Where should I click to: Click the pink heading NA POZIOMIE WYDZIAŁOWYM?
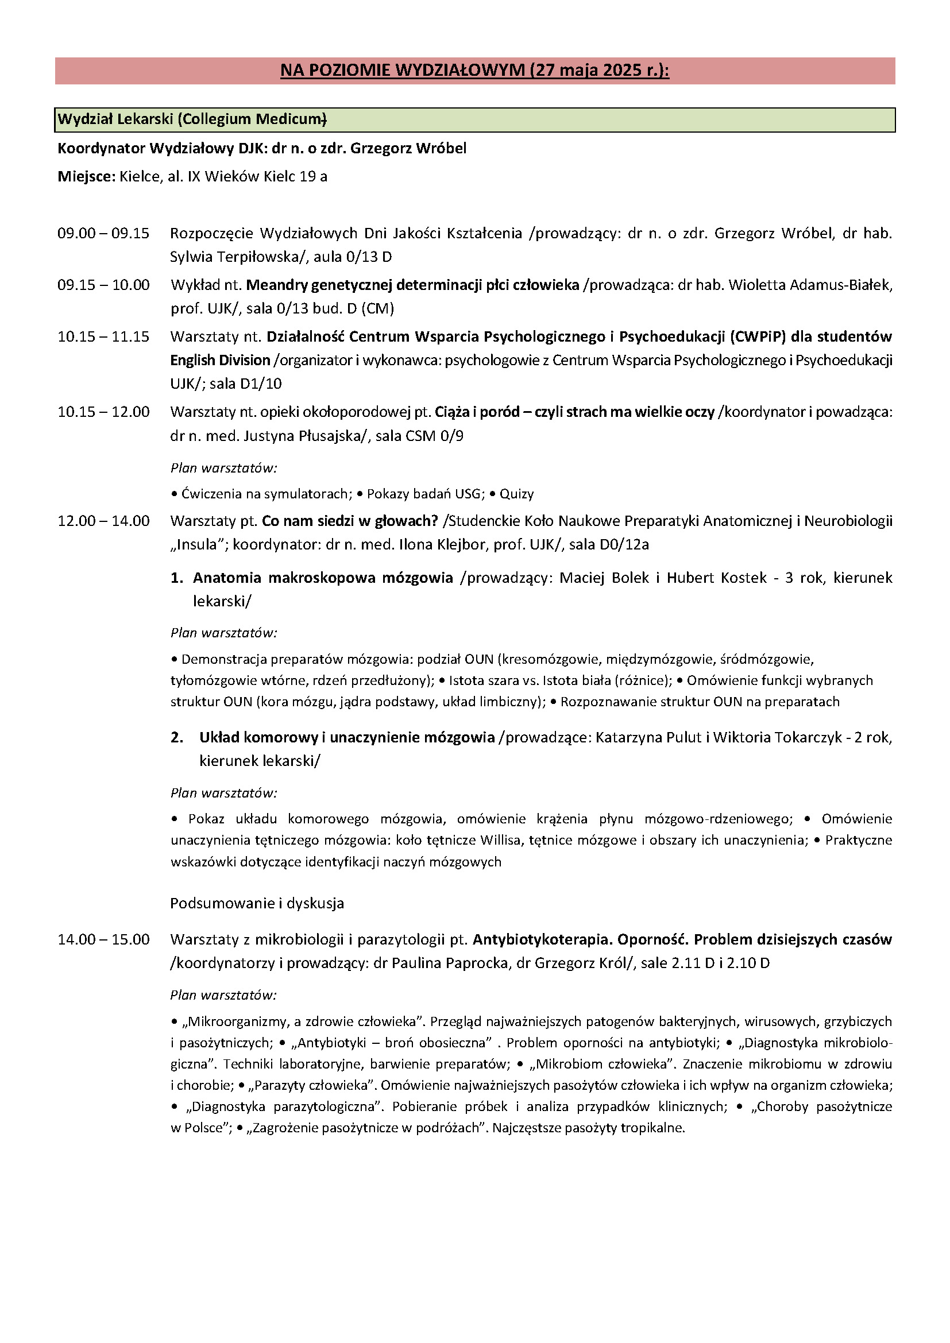[474, 71]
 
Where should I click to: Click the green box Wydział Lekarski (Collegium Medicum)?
[192, 119]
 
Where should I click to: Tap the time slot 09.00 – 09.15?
[103, 233]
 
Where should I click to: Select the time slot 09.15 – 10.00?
[103, 285]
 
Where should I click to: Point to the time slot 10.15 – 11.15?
[103, 336]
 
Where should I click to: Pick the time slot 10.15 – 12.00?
[103, 412]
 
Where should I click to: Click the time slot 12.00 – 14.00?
[103, 521]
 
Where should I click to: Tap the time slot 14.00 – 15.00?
[103, 939]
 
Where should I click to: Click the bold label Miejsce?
[86, 177]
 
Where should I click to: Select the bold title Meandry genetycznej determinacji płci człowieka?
[412, 285]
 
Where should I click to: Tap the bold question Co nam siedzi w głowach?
[350, 521]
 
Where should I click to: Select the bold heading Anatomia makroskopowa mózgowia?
[323, 578]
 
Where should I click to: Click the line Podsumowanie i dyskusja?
[257, 903]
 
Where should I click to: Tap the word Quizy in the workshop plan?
[516, 494]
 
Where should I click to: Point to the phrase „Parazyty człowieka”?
[311, 1085]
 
